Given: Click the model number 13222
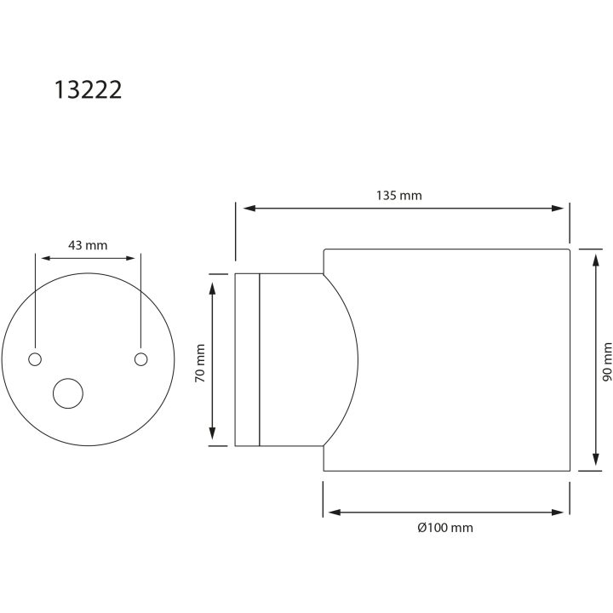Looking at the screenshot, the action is [x=88, y=90].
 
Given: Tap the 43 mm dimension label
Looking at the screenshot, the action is [x=88, y=245].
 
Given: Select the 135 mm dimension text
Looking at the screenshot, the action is [x=399, y=196].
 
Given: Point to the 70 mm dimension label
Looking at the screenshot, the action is [x=200, y=364].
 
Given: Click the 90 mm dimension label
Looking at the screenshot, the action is [x=607, y=362].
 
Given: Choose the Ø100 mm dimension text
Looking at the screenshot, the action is [x=445, y=528].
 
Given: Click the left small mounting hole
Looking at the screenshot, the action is [x=35, y=359].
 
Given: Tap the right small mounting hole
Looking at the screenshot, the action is [x=140, y=359].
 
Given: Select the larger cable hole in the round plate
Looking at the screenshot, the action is [x=68, y=393].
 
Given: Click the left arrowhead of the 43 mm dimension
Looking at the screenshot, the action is [x=47, y=258].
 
